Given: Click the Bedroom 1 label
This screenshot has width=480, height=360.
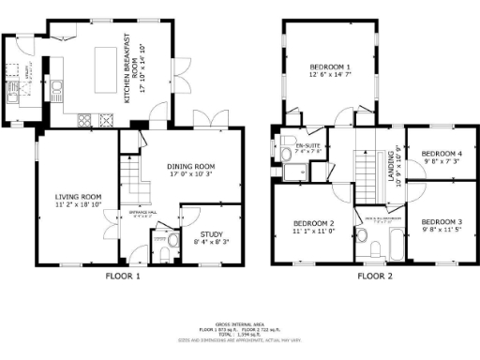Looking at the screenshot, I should pos(330,71).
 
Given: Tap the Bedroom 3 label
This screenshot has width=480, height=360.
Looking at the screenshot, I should pos(442,224).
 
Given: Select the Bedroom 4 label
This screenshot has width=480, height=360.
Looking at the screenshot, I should pos(442,157).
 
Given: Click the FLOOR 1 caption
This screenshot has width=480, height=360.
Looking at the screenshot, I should pos(123,277).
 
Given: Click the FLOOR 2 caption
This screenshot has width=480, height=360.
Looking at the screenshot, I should pos(376,277).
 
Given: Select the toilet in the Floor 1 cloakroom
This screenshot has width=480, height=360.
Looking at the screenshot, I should pos(165,250).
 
